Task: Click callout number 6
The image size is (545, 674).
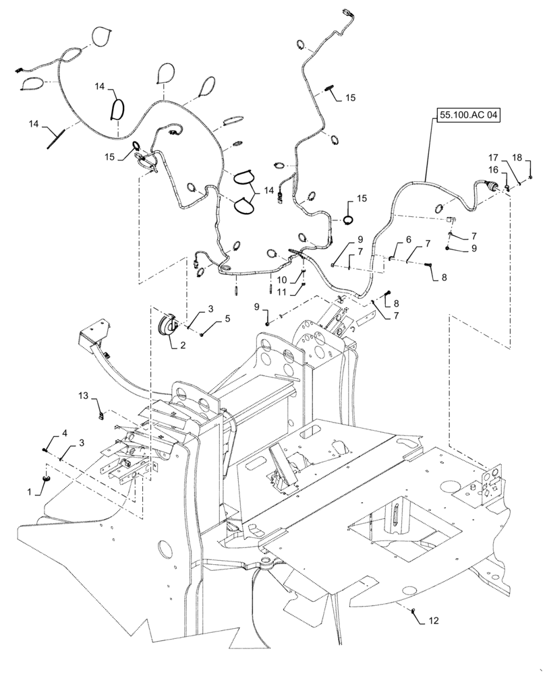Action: point(408,240)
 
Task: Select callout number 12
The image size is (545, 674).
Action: point(433,619)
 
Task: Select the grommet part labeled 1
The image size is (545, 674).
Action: point(48,478)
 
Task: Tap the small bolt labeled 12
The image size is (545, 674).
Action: point(414,611)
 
